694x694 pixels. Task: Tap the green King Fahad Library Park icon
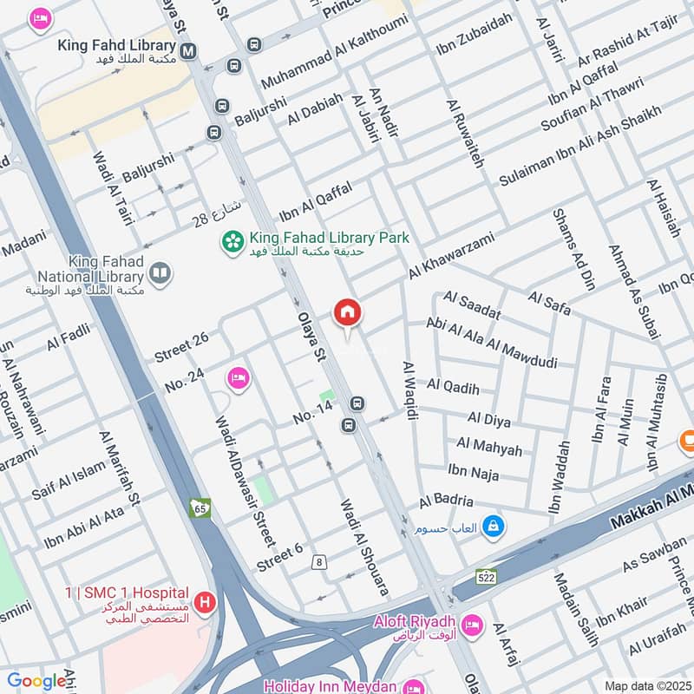pyautogui.click(x=232, y=240)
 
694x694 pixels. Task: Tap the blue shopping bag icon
pyautogui.click(x=493, y=527)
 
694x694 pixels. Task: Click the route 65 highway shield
pyautogui.click(x=200, y=508)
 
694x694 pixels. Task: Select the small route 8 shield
pyautogui.click(x=320, y=562)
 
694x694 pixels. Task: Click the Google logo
pyautogui.click(x=36, y=681)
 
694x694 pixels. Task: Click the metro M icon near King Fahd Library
pyautogui.click(x=188, y=50)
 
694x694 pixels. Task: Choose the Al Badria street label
pyautogui.click(x=446, y=501)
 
